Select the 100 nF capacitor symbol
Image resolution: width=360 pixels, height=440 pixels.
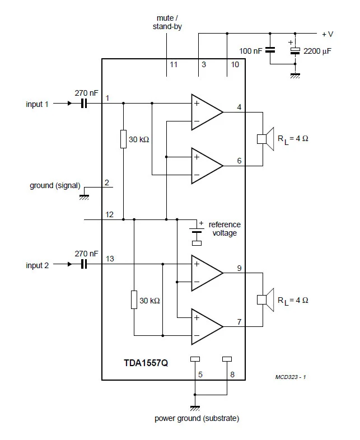tap(270, 50)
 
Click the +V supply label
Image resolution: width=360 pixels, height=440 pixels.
tap(327, 34)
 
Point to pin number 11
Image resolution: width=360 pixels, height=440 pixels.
tap(174, 64)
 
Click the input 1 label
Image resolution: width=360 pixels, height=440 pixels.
tap(38, 104)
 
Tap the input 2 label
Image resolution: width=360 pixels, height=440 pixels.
tap(38, 265)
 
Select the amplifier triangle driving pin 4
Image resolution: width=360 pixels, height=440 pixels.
tap(207, 112)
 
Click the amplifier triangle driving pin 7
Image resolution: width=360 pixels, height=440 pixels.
tap(207, 327)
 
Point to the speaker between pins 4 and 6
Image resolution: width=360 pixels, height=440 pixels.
tap(264, 138)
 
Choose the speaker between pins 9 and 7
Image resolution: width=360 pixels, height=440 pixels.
tap(264, 299)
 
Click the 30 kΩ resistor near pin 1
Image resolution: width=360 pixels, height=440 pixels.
tap(123, 139)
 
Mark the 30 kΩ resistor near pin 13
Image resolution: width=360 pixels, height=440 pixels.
tap(134, 300)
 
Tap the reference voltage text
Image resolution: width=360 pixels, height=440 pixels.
tap(225, 228)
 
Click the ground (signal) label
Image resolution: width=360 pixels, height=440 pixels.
tap(55, 185)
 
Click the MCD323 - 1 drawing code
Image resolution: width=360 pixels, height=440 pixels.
tap(291, 377)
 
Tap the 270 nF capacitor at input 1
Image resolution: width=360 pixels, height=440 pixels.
tap(85, 104)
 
